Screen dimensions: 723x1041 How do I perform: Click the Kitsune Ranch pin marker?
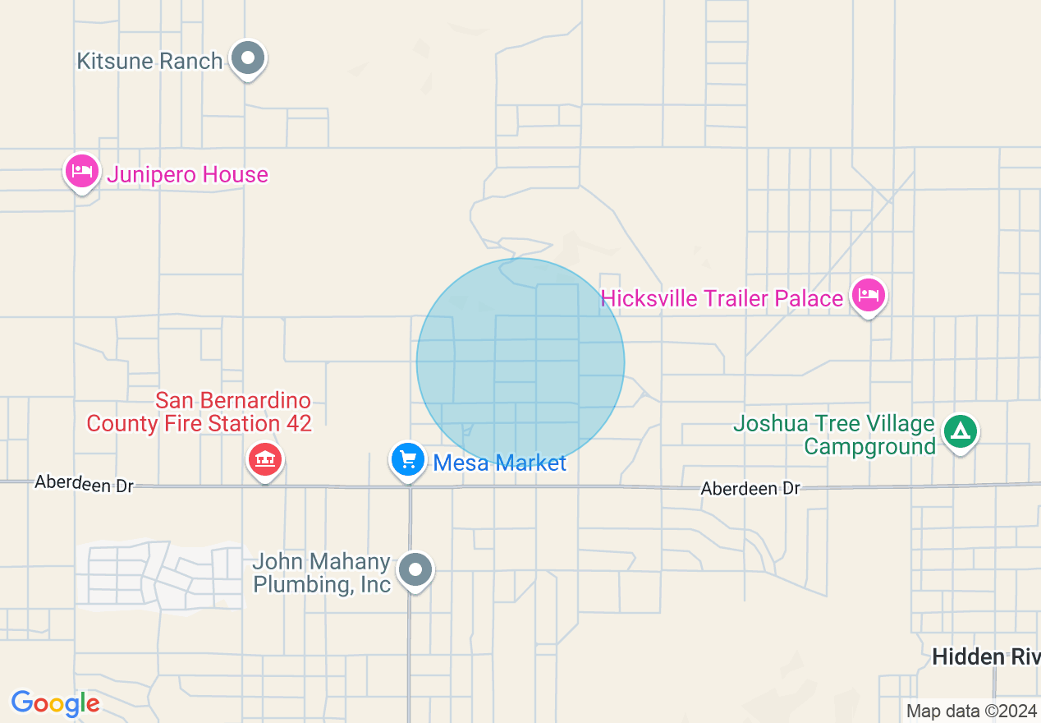pyautogui.click(x=247, y=59)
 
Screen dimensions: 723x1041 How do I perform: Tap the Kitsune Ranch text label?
pyautogui.click(x=149, y=61)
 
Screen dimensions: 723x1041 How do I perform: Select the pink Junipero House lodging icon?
pyautogui.click(x=82, y=173)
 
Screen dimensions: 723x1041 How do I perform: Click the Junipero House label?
pyautogui.click(x=187, y=174)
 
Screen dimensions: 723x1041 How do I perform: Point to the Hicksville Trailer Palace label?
pyautogui.click(x=722, y=298)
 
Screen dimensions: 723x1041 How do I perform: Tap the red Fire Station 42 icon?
pyautogui.click(x=265, y=459)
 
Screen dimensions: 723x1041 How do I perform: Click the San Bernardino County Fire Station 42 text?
pyautogui.click(x=199, y=412)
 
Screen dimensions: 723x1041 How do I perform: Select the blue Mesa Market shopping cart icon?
pyautogui.click(x=408, y=460)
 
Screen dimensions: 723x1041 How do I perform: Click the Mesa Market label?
pyautogui.click(x=499, y=463)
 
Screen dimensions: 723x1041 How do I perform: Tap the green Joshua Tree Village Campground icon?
pyautogui.click(x=960, y=431)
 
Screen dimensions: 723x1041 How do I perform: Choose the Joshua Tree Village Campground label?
pyautogui.click(x=834, y=435)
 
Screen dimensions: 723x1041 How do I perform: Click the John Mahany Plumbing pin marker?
pyautogui.click(x=416, y=569)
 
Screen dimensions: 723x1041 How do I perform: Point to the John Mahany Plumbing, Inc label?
pyautogui.click(x=322, y=573)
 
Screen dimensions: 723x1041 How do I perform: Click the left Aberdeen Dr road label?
pyautogui.click(x=84, y=485)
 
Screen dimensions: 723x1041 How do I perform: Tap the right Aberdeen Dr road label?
pyautogui.click(x=750, y=489)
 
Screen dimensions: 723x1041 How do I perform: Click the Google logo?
pyautogui.click(x=55, y=703)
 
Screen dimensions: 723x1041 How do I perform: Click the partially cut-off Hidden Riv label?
pyautogui.click(x=986, y=656)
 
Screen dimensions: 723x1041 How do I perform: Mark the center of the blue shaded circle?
pyautogui.click(x=520, y=362)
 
